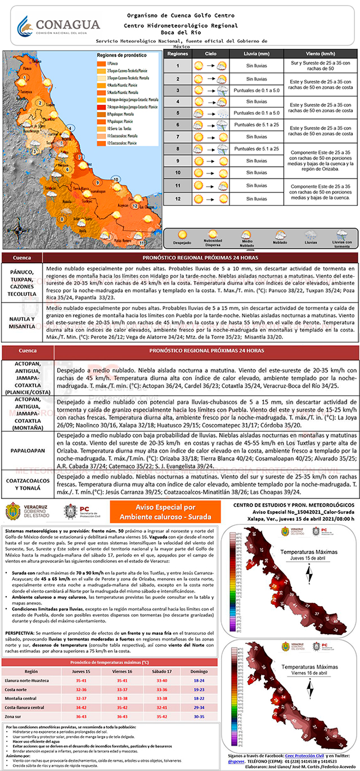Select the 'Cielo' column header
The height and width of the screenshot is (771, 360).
pyautogui.click(x=210, y=53)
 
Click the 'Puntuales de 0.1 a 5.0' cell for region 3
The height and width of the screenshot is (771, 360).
pyautogui.click(x=256, y=89)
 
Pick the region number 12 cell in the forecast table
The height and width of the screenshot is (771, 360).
pyautogui.click(x=178, y=198)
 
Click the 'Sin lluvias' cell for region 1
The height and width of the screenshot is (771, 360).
pyautogui.click(x=256, y=65)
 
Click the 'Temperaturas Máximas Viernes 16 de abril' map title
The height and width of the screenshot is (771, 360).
pyautogui.click(x=290, y=669)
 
